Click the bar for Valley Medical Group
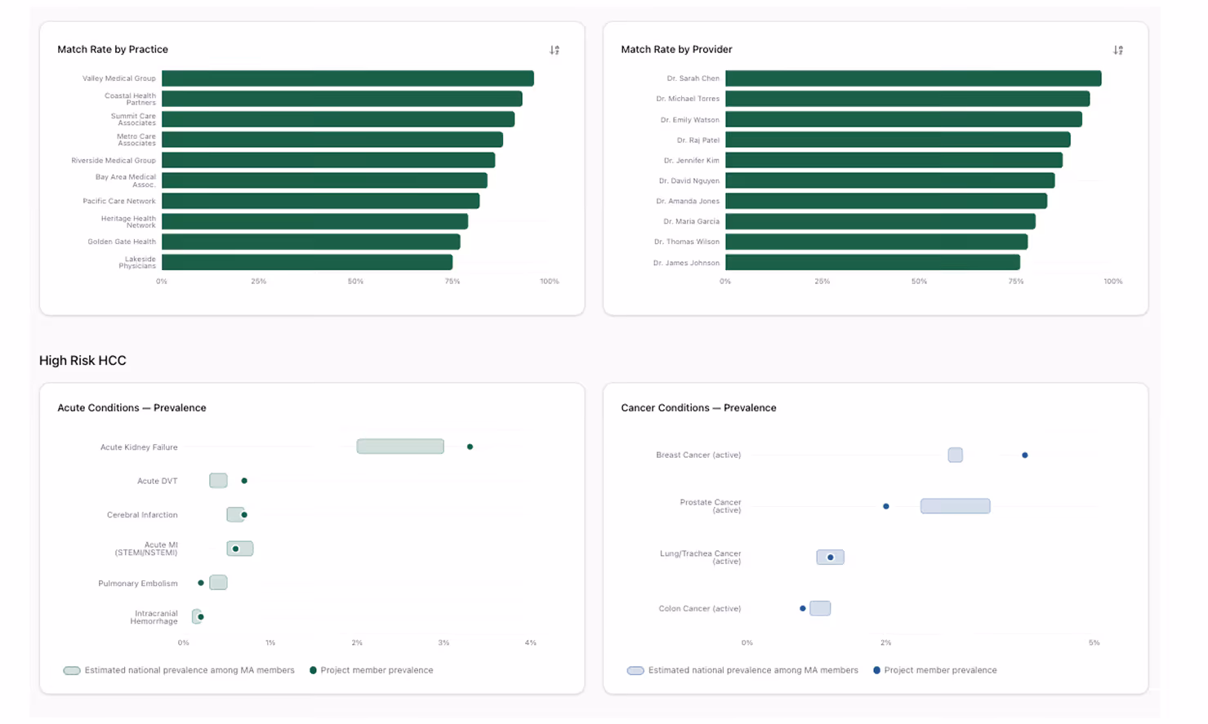pos(347,78)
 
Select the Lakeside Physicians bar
pos(306,262)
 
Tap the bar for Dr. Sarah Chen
pos(912,78)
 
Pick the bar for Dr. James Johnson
pos(871,262)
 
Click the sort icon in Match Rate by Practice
pos(555,50)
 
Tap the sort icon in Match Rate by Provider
pos(1118,50)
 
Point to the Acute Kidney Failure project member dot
pos(470,446)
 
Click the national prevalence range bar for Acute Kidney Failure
pos(400,446)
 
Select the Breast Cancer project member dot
pos(1025,455)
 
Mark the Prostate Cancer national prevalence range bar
pos(955,506)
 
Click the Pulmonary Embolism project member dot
pos(201,583)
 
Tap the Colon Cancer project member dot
pos(803,608)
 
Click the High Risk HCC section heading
pos(82,360)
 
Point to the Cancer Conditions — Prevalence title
pos(698,407)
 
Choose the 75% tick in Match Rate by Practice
pos(452,282)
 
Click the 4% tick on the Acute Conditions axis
pos(530,643)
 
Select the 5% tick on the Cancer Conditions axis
pos(1094,643)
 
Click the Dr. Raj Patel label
pos(698,140)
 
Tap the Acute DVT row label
pos(157,481)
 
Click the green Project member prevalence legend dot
pos(313,670)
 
